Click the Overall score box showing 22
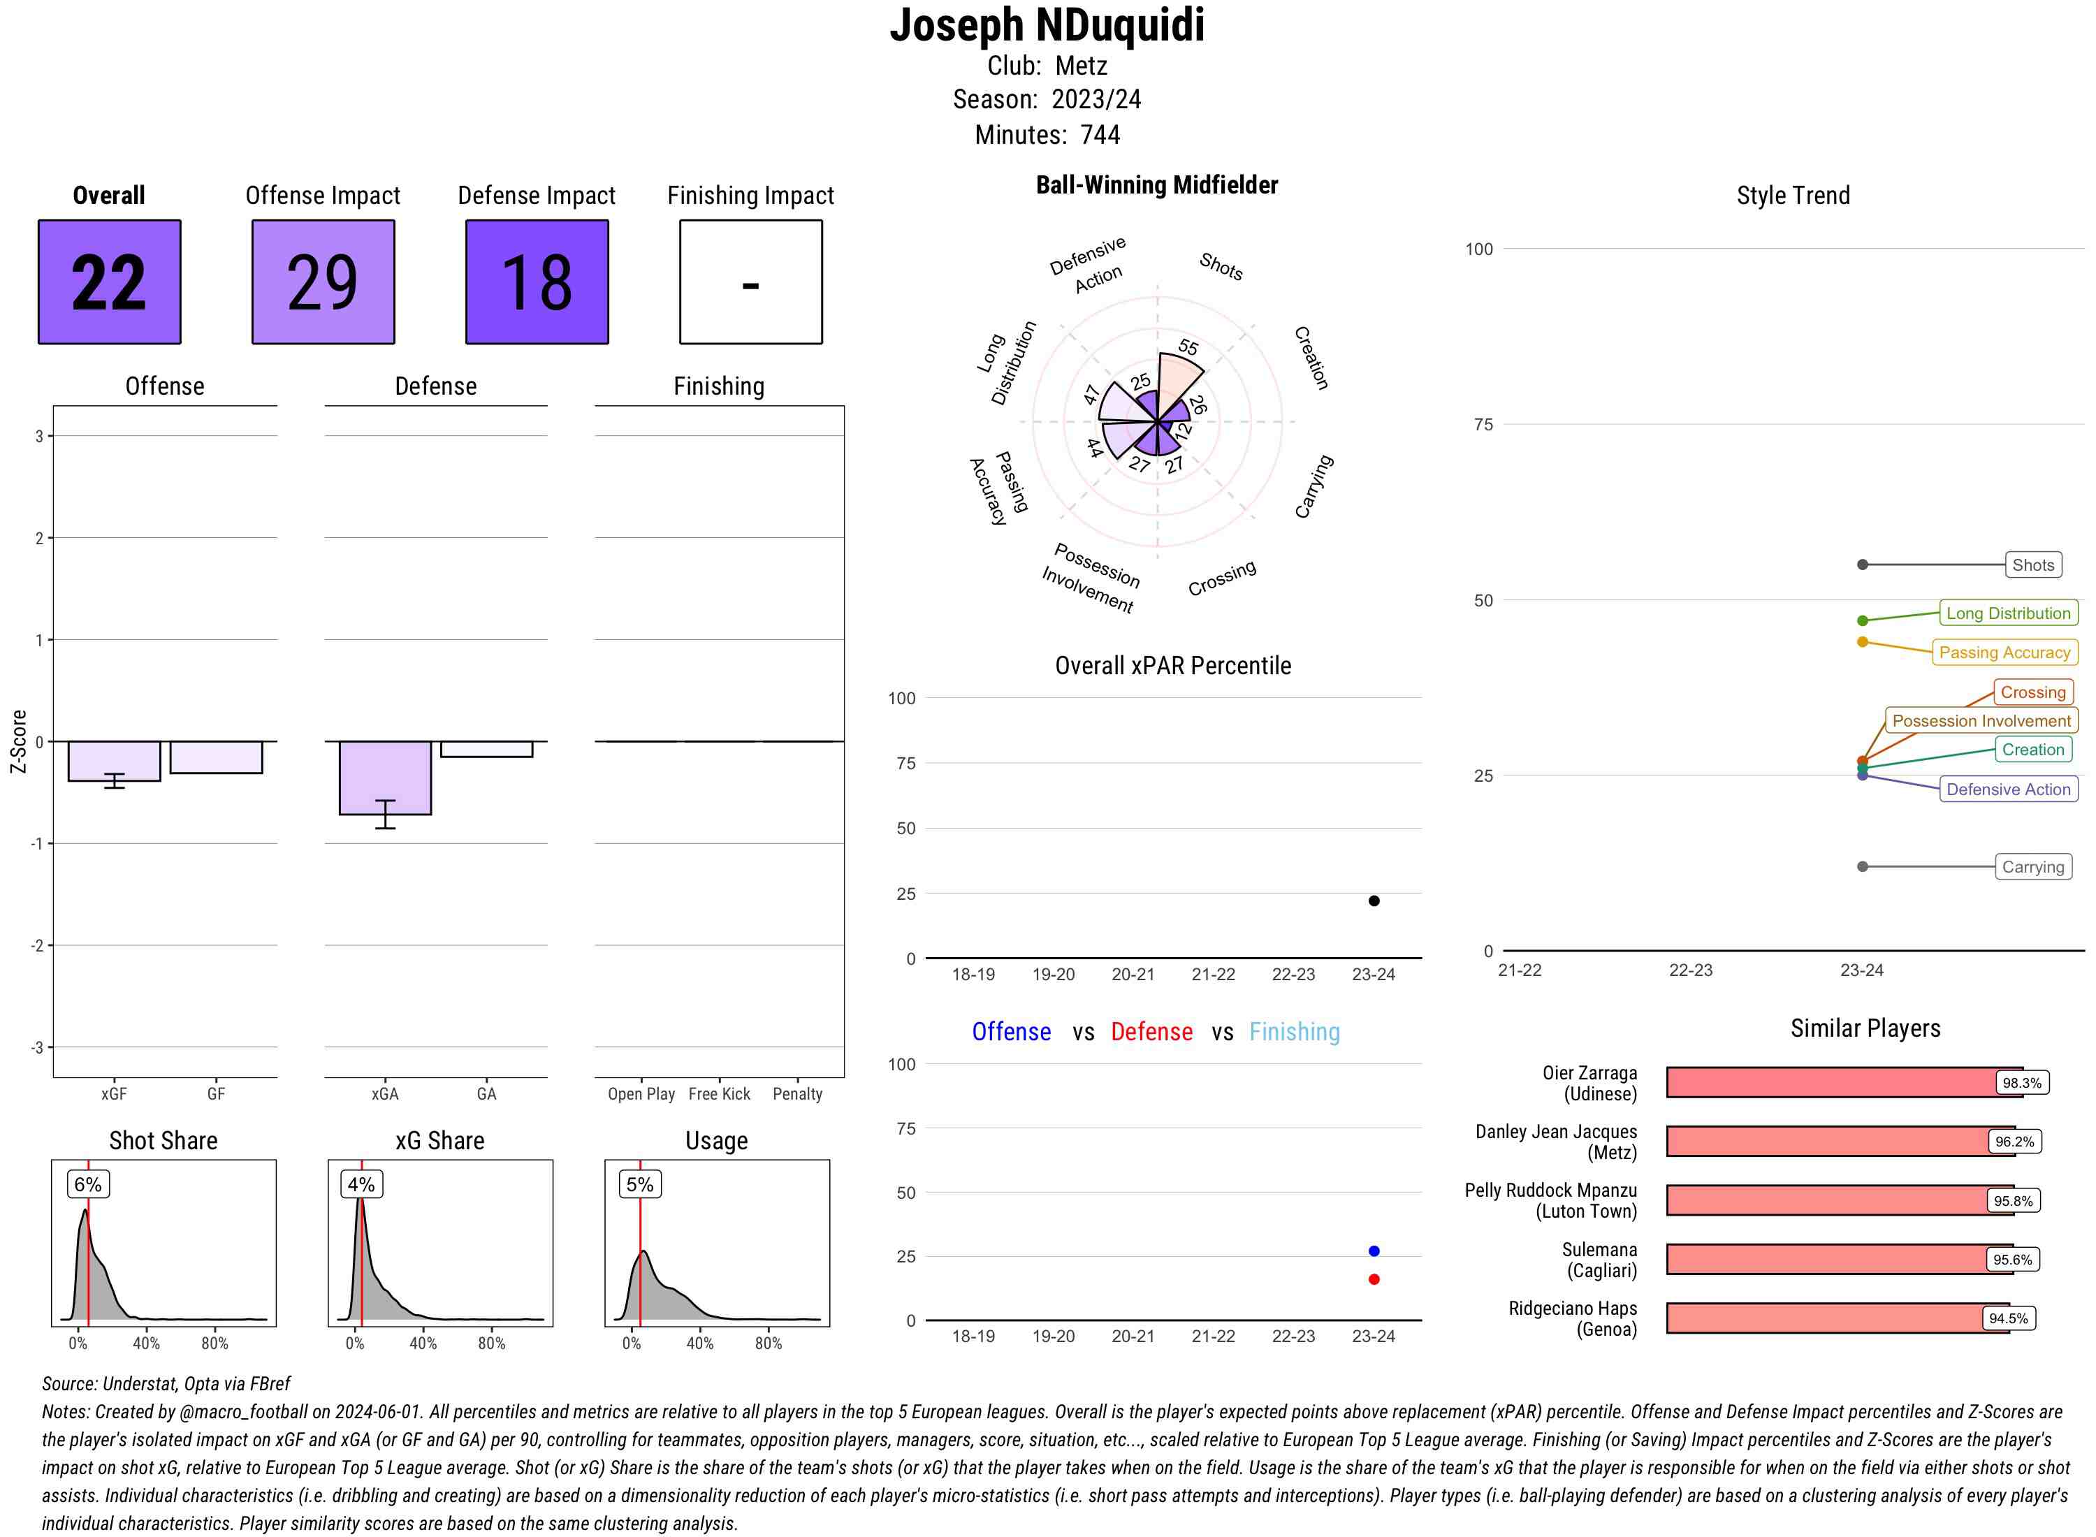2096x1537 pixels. pyautogui.click(x=109, y=282)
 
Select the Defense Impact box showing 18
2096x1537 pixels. pyautogui.click(x=537, y=282)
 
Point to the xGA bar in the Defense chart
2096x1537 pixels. pyautogui.click(x=384, y=777)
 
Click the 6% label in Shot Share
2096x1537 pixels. pyautogui.click(x=87, y=1184)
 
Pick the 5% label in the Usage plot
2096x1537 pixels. pyautogui.click(x=639, y=1184)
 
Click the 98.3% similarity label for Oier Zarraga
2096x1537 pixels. pyautogui.click(x=2021, y=1083)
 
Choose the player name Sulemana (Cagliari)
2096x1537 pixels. pyautogui.click(x=1599, y=1260)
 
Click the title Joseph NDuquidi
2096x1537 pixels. pyautogui.click(x=1047, y=25)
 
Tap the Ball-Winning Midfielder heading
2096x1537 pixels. pyautogui.click(x=1156, y=185)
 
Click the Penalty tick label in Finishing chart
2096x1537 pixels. pyautogui.click(x=797, y=1094)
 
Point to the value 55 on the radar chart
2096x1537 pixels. pyautogui.click(x=1188, y=348)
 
